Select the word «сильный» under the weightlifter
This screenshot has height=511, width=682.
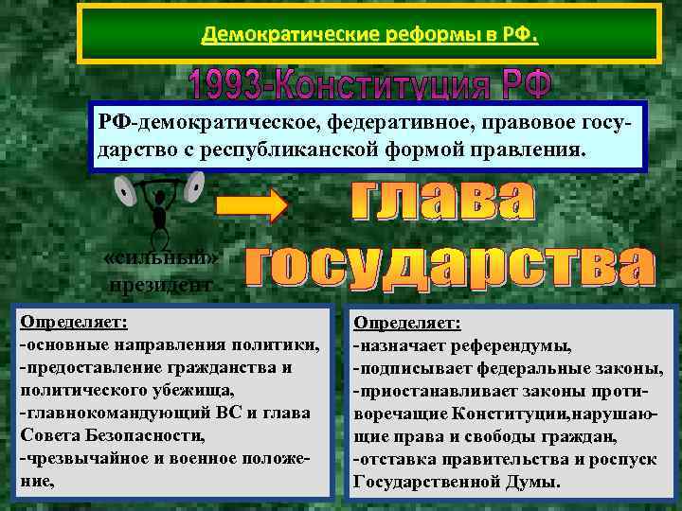(160, 259)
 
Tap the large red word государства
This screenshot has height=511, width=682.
(450, 265)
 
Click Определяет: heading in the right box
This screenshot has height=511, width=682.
(407, 323)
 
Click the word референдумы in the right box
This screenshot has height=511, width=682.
(511, 344)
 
